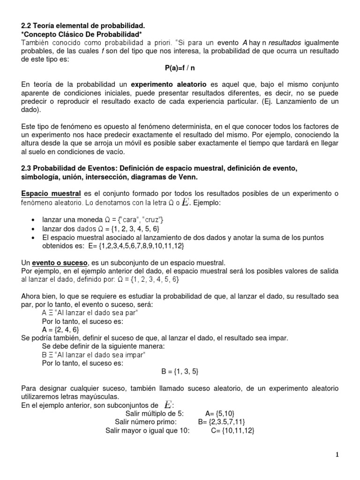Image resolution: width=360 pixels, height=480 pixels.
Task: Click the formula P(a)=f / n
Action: [x=180, y=68]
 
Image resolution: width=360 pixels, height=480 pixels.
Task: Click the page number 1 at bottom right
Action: [x=337, y=454]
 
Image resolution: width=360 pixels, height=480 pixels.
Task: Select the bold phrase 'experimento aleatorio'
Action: [x=169, y=85]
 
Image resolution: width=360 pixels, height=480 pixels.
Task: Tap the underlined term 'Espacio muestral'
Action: [x=52, y=194]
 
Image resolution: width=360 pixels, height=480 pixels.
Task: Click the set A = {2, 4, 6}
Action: [x=60, y=330]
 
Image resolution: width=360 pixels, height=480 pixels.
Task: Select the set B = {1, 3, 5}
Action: [x=180, y=371]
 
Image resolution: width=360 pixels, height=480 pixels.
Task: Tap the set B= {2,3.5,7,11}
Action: [x=222, y=421]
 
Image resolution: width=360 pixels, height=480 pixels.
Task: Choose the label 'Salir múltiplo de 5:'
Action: [x=155, y=413]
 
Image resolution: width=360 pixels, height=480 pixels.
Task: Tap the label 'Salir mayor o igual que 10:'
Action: [x=147, y=430]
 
